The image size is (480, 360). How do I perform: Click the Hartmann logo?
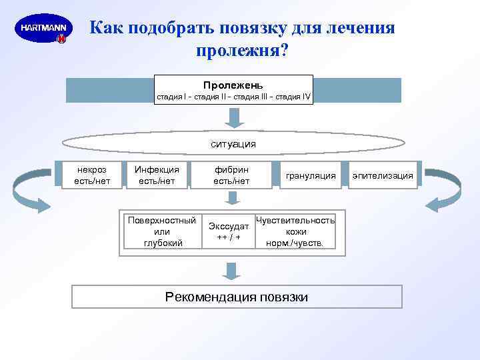43,29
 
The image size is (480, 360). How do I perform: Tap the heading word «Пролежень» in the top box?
233,85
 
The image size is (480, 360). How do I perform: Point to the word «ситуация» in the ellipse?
233,143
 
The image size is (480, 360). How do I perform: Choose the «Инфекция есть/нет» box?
157,175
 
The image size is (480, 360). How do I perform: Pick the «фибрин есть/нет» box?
231,175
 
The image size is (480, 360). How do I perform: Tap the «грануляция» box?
311,175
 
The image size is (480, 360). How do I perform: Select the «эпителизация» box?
383,175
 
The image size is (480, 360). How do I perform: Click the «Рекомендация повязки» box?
237,297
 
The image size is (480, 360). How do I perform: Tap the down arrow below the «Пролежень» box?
233,117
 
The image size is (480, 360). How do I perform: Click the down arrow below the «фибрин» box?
231,198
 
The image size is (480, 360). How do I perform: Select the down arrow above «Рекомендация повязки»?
231,270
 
